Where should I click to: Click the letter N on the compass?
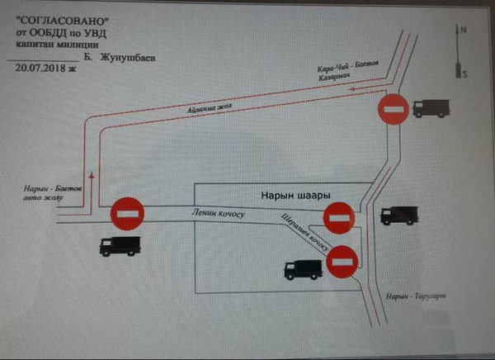(x=463, y=30)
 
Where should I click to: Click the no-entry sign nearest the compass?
(x=393, y=109)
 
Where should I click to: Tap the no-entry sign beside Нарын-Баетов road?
(x=128, y=212)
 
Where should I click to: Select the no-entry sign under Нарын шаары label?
(x=338, y=218)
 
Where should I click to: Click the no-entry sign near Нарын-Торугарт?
(x=342, y=262)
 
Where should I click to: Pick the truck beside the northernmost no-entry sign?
(x=431, y=108)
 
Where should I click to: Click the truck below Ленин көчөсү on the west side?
(x=120, y=245)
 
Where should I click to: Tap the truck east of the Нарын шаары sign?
(x=399, y=215)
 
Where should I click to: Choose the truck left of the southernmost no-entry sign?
(x=303, y=269)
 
